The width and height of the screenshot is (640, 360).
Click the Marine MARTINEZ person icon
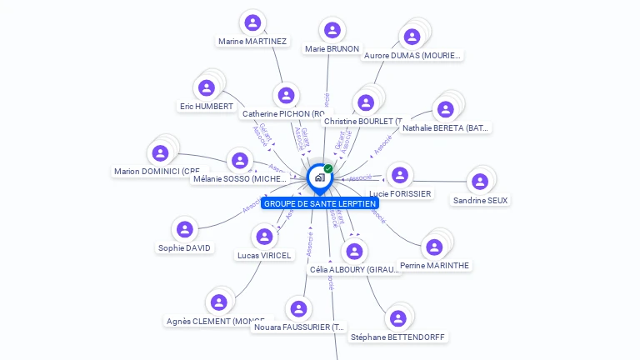tap(252, 22)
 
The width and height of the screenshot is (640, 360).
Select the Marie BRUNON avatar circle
tap(332, 31)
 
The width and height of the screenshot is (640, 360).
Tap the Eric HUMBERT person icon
tap(207, 87)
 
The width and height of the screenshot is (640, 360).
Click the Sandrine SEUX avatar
tap(479, 182)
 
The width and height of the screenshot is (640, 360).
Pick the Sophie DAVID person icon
tap(185, 229)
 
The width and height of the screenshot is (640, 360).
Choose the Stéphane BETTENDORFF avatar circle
tap(398, 318)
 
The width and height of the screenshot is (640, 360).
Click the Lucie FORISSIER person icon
tap(400, 175)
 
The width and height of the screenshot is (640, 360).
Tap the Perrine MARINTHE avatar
tap(433, 247)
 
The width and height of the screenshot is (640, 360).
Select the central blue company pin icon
tap(318, 177)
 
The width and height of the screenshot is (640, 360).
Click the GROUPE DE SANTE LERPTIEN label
tap(320, 203)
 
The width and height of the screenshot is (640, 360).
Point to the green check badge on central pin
tap(328, 168)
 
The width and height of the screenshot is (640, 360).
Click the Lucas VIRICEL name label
tap(264, 255)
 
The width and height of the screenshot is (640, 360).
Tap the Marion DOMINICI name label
tap(157, 172)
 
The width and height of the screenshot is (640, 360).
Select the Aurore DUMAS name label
tap(412, 56)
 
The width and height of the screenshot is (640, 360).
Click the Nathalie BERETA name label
tap(446, 128)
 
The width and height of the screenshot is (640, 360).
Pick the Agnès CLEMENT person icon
tap(218, 302)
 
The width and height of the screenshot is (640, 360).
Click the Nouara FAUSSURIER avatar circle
tap(298, 309)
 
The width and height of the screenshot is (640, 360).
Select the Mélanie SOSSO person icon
tap(240, 160)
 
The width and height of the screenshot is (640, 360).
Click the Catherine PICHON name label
tap(283, 113)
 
